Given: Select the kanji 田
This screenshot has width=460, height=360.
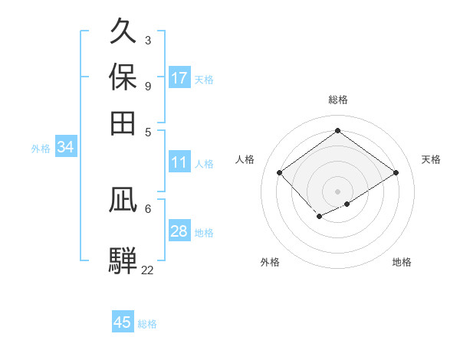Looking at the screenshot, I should click(x=123, y=122).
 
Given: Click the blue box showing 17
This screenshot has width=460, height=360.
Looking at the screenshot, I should click(x=179, y=78).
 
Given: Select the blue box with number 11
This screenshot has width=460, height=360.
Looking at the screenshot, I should click(x=179, y=162).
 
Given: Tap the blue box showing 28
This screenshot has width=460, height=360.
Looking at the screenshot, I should click(x=179, y=231).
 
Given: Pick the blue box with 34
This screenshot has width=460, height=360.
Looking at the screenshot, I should click(x=65, y=148).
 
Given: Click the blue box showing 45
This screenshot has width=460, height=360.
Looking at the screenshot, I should click(x=123, y=322).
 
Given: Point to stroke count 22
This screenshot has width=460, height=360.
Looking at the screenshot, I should click(x=147, y=270).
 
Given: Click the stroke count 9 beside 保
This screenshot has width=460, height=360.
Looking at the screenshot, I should click(x=147, y=85).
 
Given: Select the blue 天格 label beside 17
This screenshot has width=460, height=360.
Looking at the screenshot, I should click(x=204, y=79).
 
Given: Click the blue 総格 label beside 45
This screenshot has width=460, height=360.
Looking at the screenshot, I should click(x=147, y=324).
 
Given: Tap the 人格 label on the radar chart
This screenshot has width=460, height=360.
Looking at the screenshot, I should click(x=245, y=159).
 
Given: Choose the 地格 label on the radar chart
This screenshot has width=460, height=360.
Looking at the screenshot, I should click(x=402, y=262).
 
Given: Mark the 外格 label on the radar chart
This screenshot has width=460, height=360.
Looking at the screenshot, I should click(x=270, y=262).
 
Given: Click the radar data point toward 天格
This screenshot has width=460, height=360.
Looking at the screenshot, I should click(x=396, y=172).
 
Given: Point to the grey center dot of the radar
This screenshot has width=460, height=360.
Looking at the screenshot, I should click(x=337, y=191).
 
